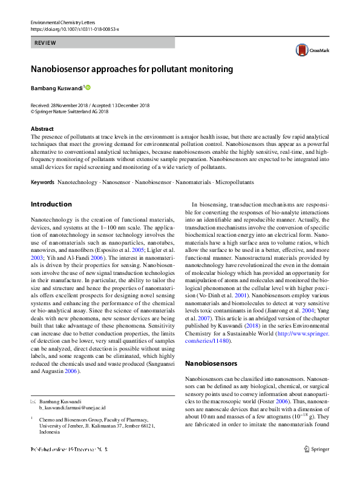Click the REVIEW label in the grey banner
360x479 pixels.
coord(46,43)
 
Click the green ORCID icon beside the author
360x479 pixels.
coord(88,88)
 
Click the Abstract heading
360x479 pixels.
coord(42,129)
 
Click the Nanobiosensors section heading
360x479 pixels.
coord(211,363)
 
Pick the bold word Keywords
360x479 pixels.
coord(42,182)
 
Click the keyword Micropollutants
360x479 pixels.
coord(234,182)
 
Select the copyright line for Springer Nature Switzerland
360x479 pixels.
coord(70,111)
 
